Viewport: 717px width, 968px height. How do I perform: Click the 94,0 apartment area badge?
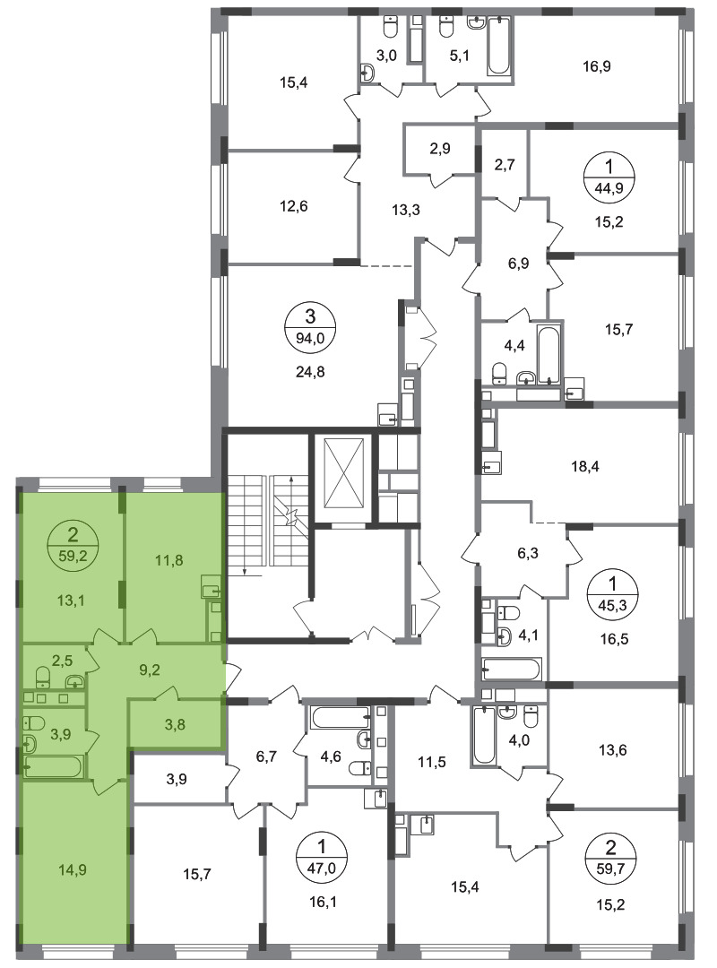310,326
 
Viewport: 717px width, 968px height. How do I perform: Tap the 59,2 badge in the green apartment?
73,542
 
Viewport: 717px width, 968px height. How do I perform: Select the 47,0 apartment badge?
322,855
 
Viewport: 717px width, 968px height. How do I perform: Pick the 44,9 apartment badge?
610,176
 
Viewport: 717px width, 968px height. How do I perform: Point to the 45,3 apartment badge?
613,594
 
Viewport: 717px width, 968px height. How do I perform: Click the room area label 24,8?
310,372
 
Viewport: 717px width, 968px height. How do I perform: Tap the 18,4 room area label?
585,467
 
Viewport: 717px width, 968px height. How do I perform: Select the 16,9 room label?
597,66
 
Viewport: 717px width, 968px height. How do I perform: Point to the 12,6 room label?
293,206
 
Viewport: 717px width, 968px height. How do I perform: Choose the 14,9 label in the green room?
73,869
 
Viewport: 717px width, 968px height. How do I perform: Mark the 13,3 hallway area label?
406,210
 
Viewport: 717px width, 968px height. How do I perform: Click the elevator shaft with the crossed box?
343,479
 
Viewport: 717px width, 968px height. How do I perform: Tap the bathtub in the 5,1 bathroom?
499,46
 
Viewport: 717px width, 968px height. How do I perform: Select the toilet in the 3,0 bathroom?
390,27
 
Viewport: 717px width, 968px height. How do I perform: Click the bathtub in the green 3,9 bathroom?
53,766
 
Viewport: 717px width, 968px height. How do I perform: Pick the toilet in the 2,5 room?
43,677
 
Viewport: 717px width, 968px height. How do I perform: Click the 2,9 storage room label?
440,148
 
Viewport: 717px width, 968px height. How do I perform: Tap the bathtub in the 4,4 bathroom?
548,354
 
